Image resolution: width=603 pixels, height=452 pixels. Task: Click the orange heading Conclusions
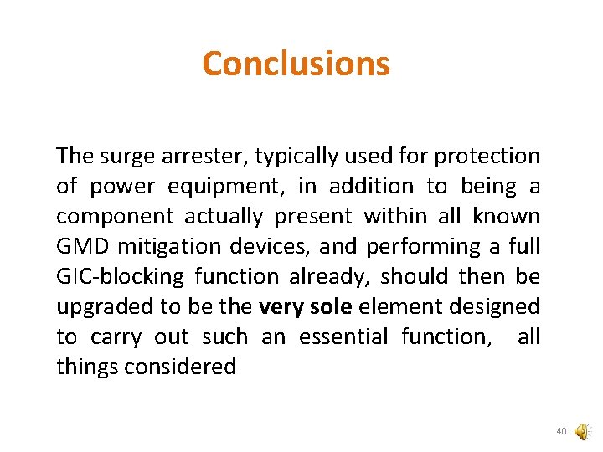pos(296,64)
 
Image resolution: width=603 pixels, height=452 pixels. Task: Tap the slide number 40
pos(561,432)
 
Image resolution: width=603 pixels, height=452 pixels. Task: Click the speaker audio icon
pos(580,432)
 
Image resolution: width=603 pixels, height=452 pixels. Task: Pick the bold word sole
pos(331,307)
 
